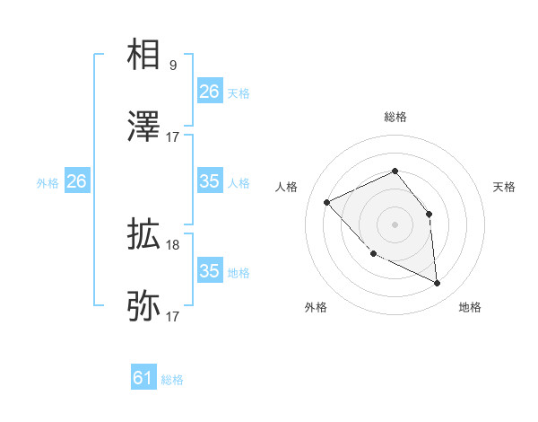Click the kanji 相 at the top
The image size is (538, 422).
144,56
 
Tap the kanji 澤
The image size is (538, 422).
144,127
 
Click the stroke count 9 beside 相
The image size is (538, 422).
173,65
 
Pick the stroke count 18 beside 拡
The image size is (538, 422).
173,244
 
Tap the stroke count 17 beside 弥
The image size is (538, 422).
173,316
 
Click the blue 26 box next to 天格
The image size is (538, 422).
210,92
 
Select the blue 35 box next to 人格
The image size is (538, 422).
210,181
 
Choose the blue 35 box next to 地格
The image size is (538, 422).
210,271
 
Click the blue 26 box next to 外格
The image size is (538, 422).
77,181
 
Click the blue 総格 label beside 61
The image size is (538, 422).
172,380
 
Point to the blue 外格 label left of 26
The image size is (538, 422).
48,182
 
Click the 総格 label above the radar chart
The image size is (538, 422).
395,117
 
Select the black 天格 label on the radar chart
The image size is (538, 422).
504,187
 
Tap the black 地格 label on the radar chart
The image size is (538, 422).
470,307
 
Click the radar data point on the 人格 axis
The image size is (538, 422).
327,202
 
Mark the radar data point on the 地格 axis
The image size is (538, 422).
438,284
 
